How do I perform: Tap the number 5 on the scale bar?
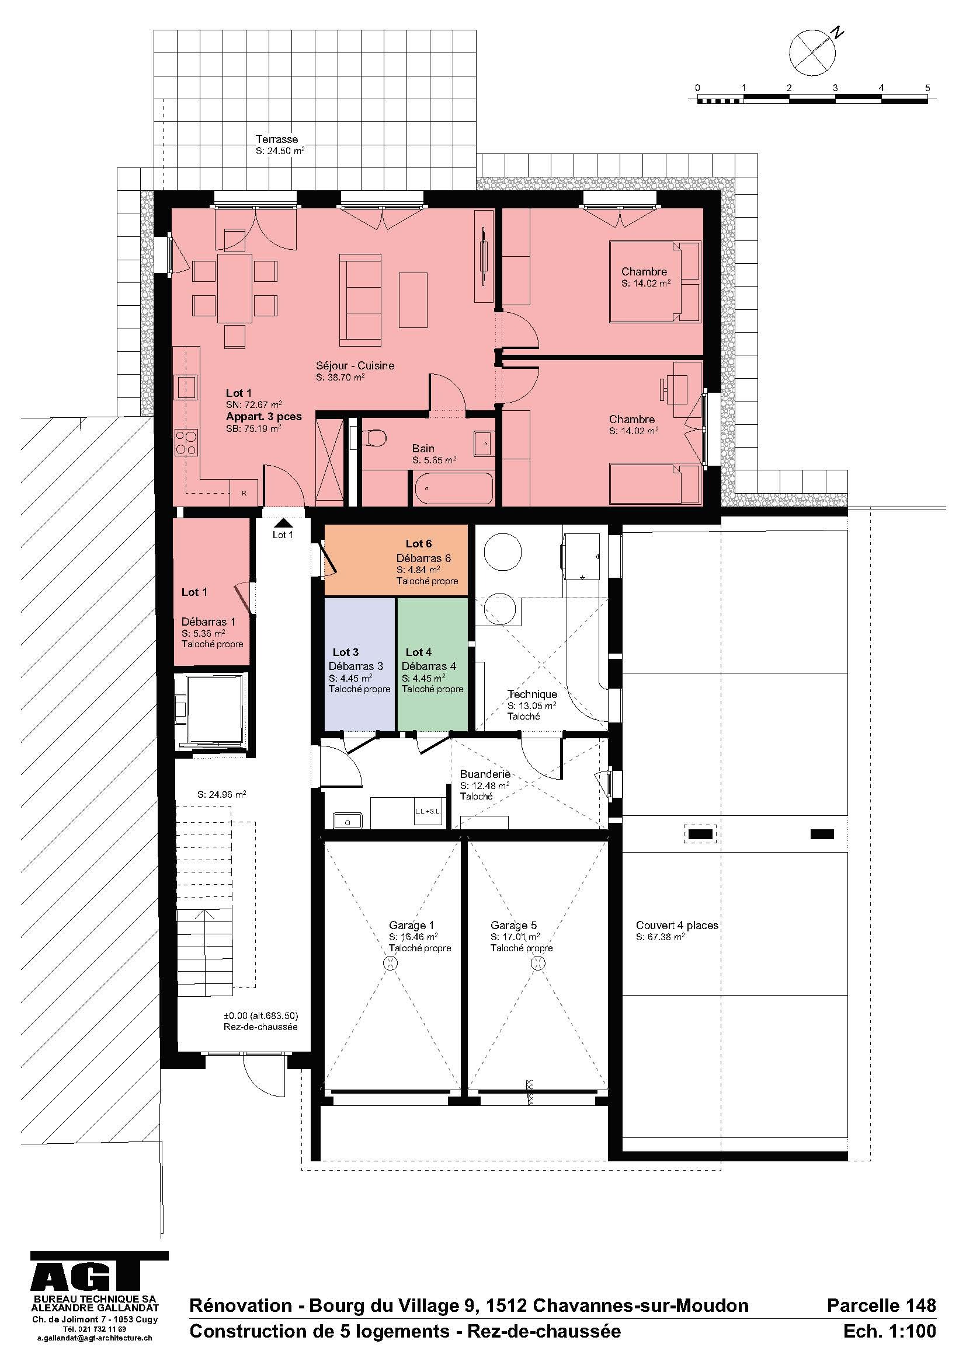[x=927, y=88]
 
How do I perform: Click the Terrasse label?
[x=277, y=139]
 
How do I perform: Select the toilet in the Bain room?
[x=375, y=439]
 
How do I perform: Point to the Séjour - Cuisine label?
[x=355, y=366]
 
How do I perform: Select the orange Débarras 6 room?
[x=396, y=560]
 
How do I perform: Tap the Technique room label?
[x=532, y=694]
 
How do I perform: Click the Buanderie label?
[x=485, y=774]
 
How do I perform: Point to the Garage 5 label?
[x=513, y=926]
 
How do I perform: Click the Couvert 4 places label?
[x=677, y=926]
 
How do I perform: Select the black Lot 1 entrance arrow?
[x=283, y=522]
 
